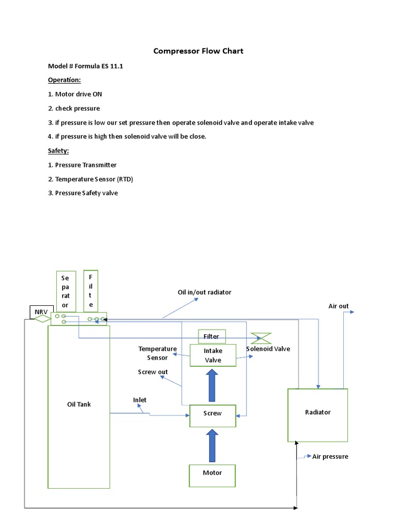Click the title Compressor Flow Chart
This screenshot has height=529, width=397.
point(198,51)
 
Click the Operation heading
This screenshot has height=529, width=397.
point(65,80)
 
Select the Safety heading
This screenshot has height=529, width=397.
point(58,150)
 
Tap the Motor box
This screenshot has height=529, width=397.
point(212,473)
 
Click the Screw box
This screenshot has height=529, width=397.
point(212,413)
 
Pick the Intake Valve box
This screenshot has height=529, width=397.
point(212,355)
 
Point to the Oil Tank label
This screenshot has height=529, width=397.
point(79,404)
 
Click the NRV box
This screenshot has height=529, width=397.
point(40,313)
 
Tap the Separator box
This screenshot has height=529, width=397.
point(66,291)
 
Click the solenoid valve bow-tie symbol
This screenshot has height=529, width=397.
point(260,338)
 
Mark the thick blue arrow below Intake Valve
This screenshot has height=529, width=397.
point(212,385)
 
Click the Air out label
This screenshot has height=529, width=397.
point(339,306)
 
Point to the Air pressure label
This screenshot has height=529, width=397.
point(330,457)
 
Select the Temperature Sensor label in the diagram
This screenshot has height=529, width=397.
point(157,353)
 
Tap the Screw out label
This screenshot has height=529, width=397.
point(152,372)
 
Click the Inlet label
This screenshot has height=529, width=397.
point(140,400)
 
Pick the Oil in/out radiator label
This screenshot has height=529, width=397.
point(205,292)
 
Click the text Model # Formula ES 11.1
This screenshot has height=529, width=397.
point(85,67)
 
